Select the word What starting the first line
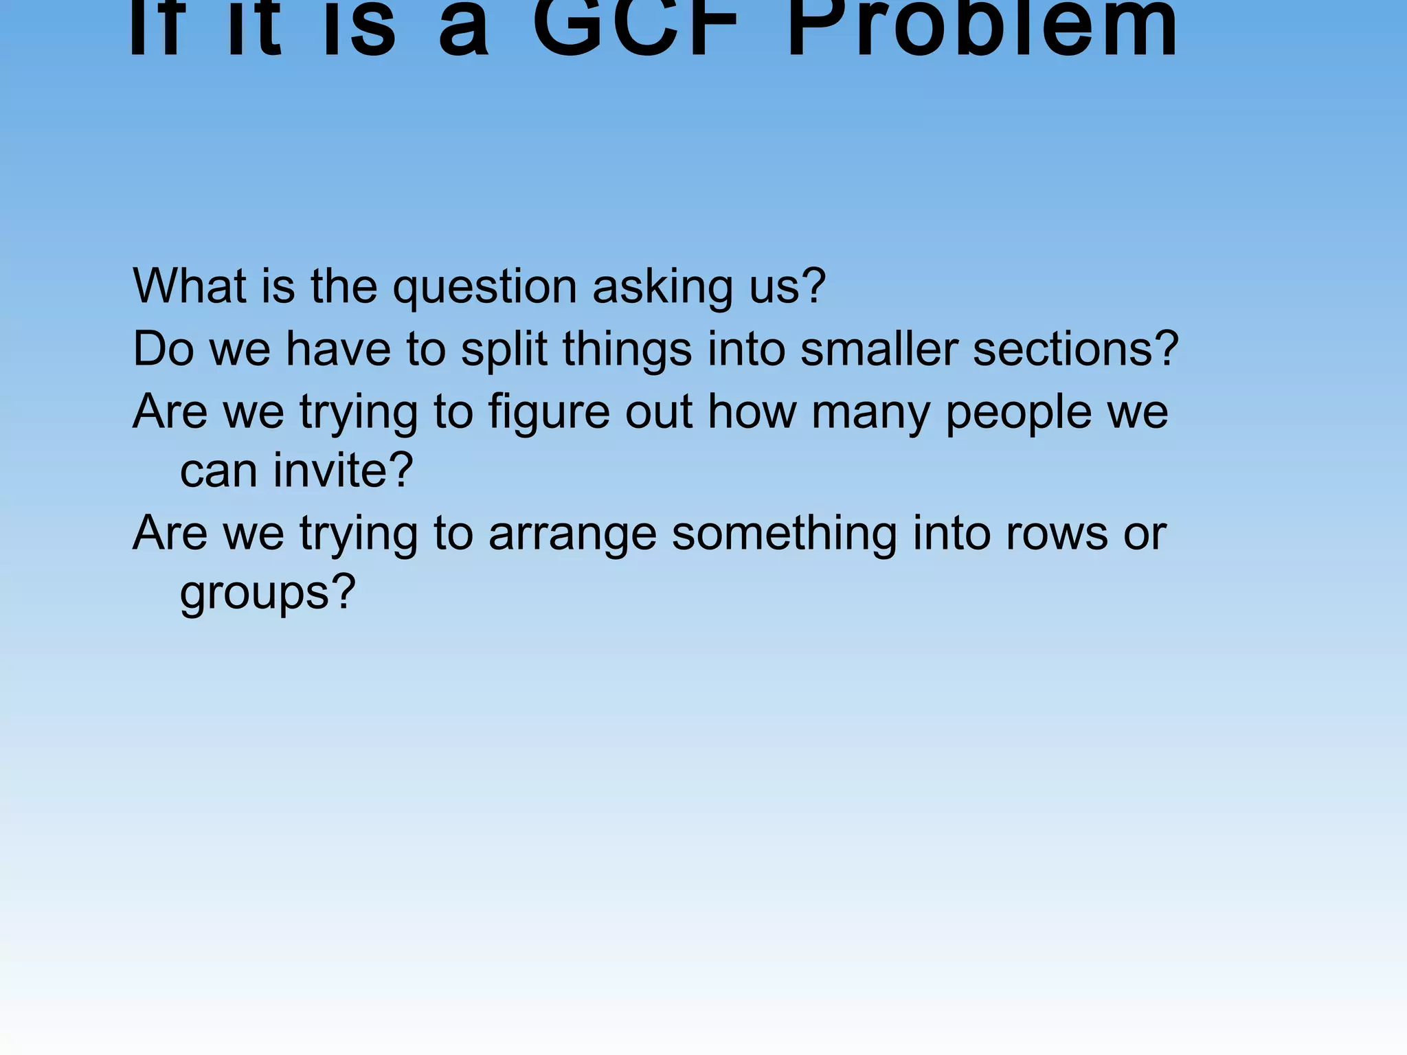(190, 286)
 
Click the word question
(484, 287)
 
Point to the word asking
(663, 287)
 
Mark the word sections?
(1076, 349)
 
